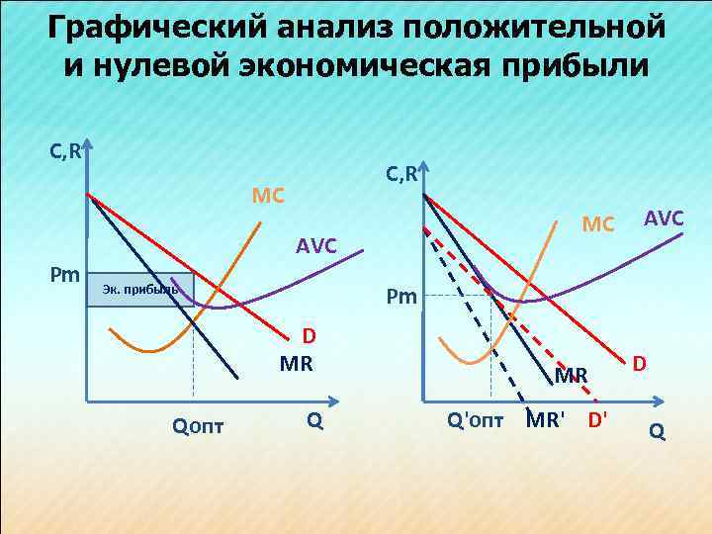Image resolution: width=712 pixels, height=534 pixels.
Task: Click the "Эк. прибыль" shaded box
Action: (139, 290)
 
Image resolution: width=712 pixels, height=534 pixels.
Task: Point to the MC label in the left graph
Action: (268, 195)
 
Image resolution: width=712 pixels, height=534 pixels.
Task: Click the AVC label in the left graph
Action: (315, 246)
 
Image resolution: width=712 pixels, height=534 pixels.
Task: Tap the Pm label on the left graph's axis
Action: (67, 273)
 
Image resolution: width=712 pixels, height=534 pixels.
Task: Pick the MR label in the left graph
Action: (296, 364)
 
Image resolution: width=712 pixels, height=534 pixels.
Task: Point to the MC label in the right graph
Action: (597, 224)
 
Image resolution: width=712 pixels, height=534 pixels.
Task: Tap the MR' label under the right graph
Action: (545, 418)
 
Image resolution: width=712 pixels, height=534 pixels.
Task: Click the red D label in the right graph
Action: (640, 365)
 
